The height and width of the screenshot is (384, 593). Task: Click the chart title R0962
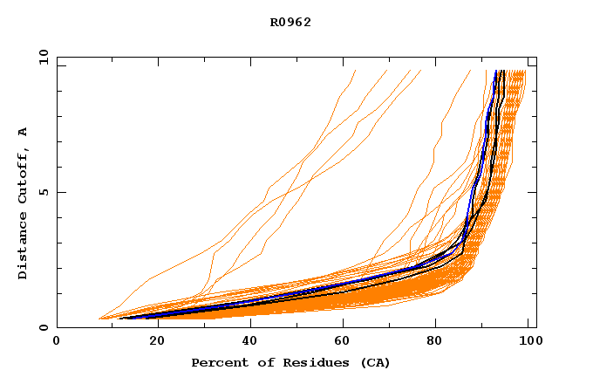coord(290,23)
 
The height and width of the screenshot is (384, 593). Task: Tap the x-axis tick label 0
coord(57,341)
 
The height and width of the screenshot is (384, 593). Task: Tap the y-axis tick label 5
coord(43,192)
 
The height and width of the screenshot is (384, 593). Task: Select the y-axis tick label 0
coord(43,327)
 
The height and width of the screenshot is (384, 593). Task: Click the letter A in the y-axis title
coord(23,132)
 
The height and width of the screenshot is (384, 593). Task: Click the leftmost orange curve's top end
coord(356,71)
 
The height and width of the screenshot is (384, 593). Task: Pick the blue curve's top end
coord(495,71)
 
